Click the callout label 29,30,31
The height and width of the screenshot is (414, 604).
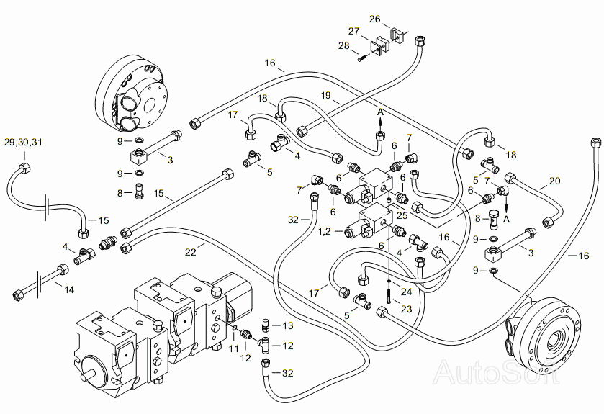tap(24, 142)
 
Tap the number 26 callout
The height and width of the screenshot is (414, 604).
tap(374, 19)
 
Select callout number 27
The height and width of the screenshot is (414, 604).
tap(353, 31)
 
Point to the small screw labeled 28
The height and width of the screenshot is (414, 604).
tap(361, 58)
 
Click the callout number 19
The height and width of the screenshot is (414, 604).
tap(326, 95)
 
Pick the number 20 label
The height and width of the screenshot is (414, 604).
tap(555, 181)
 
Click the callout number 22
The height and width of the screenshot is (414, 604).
tap(190, 252)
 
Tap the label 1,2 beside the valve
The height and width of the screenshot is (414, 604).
tap(325, 231)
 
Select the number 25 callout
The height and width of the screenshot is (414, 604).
tap(402, 215)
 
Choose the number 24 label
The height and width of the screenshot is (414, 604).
tap(406, 292)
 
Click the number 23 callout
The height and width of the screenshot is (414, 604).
tap(407, 309)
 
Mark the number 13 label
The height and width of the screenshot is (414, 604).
tap(288, 326)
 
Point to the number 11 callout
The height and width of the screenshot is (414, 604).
tap(234, 349)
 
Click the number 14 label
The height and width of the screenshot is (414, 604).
tap(68, 289)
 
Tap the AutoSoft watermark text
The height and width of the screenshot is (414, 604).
tap(497, 372)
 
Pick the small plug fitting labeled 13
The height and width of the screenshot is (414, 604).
tap(265, 325)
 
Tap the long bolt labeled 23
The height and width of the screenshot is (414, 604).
tap(387, 296)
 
